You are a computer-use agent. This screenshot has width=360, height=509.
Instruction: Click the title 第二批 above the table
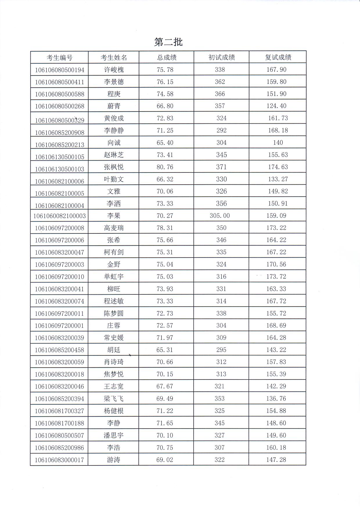(x=168, y=42)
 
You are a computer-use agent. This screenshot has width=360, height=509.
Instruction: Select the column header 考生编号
(x=60, y=57)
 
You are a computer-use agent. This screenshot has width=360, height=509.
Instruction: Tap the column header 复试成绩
(x=278, y=57)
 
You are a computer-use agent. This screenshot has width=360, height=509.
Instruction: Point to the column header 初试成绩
(x=222, y=57)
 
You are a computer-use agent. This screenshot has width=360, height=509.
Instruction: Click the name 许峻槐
(x=114, y=70)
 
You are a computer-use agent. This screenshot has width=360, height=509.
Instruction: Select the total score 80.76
(x=165, y=167)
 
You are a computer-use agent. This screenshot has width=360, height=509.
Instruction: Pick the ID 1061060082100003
(x=60, y=216)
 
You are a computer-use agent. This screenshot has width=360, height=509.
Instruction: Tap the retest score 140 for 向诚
(x=278, y=143)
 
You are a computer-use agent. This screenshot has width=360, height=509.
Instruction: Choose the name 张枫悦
(x=114, y=167)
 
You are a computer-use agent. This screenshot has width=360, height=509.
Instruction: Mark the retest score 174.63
(x=278, y=167)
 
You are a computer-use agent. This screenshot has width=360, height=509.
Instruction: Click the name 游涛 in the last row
(x=113, y=460)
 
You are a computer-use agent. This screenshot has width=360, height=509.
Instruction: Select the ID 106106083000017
(x=60, y=460)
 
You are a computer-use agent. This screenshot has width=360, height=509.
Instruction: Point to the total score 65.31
(x=165, y=350)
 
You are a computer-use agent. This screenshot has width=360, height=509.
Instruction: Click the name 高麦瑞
(x=114, y=228)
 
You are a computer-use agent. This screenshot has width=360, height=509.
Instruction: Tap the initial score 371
(x=221, y=167)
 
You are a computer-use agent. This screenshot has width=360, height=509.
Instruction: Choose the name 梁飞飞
(x=114, y=399)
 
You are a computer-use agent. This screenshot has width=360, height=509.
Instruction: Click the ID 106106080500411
(x=60, y=82)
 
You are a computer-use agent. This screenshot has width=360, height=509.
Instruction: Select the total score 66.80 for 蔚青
(x=165, y=106)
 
